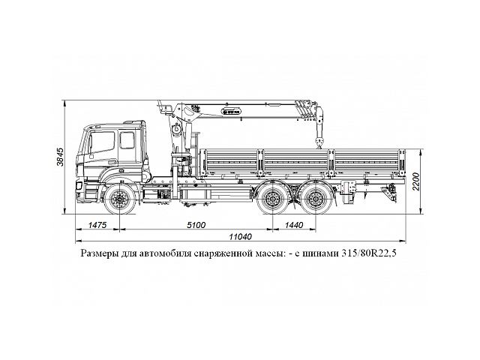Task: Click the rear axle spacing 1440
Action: tap(294, 225)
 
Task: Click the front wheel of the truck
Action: tap(121, 200)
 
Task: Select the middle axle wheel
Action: tap(269, 200)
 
